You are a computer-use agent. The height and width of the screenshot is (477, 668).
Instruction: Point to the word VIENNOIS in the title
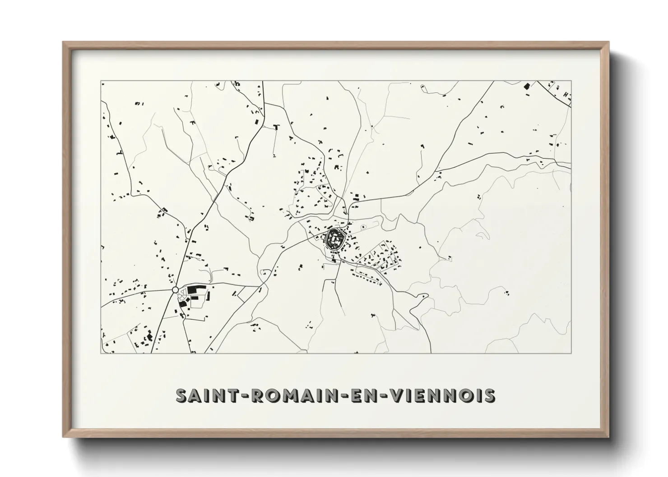pyautogui.click(x=443, y=395)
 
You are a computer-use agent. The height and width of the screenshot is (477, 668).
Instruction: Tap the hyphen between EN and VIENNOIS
pyautogui.click(x=385, y=396)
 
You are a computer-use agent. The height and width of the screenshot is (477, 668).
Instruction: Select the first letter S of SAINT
pyautogui.click(x=181, y=395)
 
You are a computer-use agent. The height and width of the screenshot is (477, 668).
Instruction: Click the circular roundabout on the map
pyautogui.click(x=175, y=290)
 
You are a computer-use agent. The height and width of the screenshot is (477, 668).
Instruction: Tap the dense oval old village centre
pyautogui.click(x=335, y=238)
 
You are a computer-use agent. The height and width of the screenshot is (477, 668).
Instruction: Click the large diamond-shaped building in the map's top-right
pyautogui.click(x=526, y=86)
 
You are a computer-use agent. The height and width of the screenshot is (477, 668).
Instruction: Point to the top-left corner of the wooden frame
pyautogui.click(x=64, y=42)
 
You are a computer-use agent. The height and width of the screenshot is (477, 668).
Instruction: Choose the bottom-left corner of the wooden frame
pyautogui.click(x=64, y=438)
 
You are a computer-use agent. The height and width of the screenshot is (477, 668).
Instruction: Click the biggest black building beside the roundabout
pyautogui.click(x=194, y=289)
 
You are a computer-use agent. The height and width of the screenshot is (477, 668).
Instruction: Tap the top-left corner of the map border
pyautogui.click(x=101, y=81)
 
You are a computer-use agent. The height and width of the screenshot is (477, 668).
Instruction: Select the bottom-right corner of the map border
pyautogui.click(x=571, y=353)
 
